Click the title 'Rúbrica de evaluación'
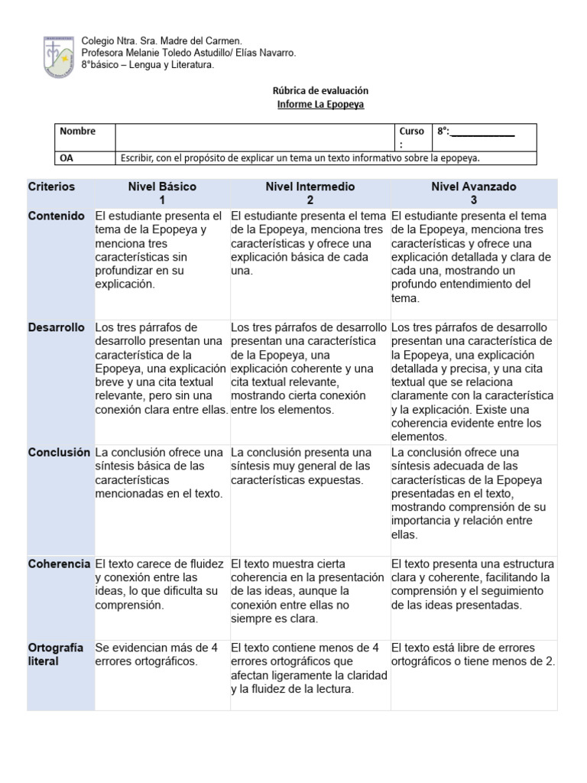[319, 90]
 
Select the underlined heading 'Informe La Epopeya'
[320, 104]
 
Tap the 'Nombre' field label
[77, 132]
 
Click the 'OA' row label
[67, 158]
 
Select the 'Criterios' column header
[52, 187]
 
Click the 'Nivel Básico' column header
[162, 187]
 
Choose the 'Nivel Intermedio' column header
[310, 187]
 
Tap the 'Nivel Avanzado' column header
[473, 187]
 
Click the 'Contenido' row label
[57, 216]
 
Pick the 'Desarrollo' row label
[57, 327]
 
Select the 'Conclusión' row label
[60, 453]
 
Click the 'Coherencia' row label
[60, 564]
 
